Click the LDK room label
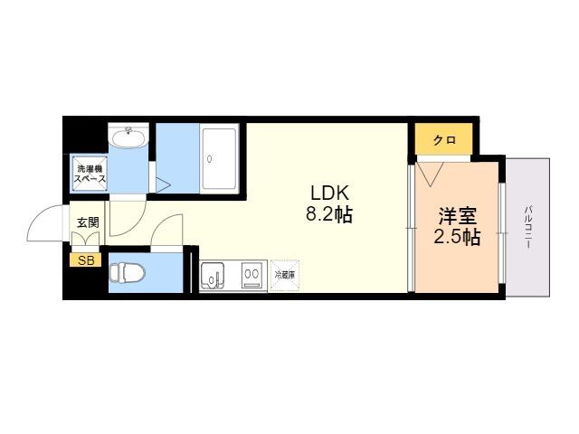(x=329, y=193)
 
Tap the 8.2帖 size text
(x=329, y=214)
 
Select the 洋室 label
(x=458, y=216)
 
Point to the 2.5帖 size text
(x=457, y=237)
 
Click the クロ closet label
(x=444, y=140)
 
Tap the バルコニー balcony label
(x=528, y=227)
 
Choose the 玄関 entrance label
(x=88, y=222)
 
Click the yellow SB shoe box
(x=85, y=260)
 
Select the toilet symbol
(x=128, y=273)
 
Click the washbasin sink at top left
(x=129, y=137)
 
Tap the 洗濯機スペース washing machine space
(x=90, y=174)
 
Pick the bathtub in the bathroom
(x=219, y=159)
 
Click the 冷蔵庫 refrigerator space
(x=285, y=275)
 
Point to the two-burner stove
(x=252, y=275)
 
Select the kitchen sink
(x=212, y=275)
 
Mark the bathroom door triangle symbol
(x=163, y=185)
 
